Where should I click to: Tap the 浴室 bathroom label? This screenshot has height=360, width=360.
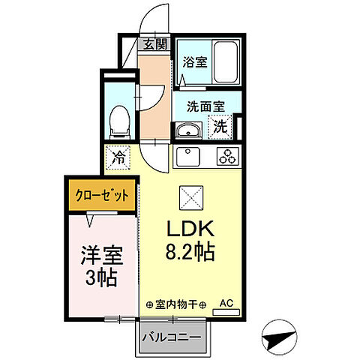195,62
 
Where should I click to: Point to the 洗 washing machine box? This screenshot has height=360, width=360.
221,127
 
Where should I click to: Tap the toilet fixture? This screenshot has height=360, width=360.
118,120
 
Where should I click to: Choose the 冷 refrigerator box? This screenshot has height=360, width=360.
118,157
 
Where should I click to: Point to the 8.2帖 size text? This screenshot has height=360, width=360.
189,253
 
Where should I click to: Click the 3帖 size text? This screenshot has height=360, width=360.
100,277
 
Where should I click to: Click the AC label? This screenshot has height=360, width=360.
226,304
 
